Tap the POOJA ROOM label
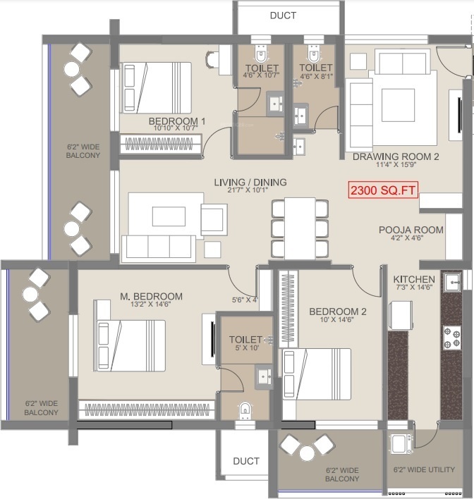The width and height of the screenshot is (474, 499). tap(411, 230)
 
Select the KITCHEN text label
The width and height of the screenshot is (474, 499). tap(414, 280)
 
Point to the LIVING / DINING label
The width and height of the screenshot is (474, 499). tap(250, 183)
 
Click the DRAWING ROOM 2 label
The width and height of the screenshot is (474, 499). tap(396, 157)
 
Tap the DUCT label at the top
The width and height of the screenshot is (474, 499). tap(283, 16)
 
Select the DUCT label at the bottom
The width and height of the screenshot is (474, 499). tap(246, 461)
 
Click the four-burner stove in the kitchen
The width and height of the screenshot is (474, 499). tap(451, 338)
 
